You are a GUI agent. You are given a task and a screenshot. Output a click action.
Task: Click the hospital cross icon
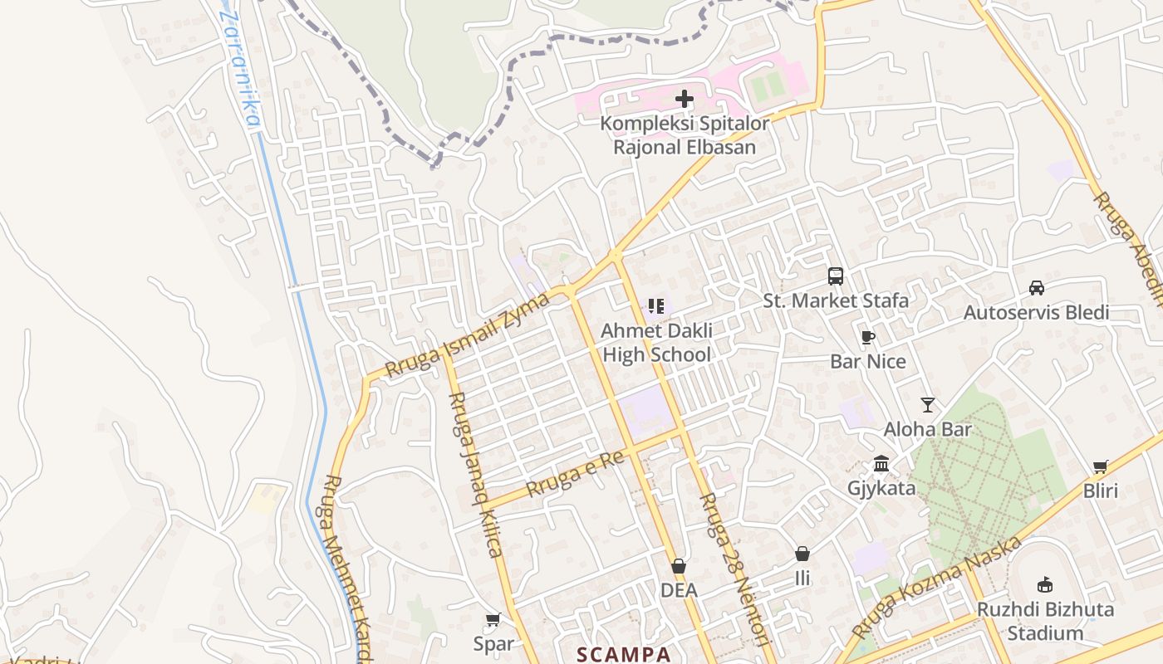coord(685,100)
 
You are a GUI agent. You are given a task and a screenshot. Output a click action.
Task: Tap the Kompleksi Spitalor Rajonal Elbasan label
coord(685,135)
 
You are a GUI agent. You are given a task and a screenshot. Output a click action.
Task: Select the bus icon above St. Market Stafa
coord(836,276)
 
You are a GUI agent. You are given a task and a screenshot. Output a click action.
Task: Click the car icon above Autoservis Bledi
coord(1037,288)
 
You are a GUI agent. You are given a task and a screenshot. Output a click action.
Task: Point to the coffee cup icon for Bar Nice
coord(868,337)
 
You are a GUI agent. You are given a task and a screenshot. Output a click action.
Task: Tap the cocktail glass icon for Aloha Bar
coord(928,405)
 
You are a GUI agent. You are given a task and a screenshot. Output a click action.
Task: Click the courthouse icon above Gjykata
coord(881,463)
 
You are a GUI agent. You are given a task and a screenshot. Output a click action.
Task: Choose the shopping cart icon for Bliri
coord(1101,466)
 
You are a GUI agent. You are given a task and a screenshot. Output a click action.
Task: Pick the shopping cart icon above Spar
coord(493,619)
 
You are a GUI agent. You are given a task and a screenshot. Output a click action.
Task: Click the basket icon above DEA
coord(679,566)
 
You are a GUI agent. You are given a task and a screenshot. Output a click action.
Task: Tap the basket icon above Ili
coord(802,554)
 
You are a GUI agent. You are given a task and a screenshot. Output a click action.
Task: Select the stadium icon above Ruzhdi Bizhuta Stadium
coord(1045,585)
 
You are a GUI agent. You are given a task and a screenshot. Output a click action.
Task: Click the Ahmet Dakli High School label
coord(656,343)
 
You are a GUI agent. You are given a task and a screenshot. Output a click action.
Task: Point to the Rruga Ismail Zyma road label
coord(468,335)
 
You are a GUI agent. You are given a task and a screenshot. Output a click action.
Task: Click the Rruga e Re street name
coord(575,473)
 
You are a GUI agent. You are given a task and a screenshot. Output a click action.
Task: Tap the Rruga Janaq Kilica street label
coord(474,474)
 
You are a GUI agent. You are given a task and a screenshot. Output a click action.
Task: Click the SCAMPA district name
coord(624,654)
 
